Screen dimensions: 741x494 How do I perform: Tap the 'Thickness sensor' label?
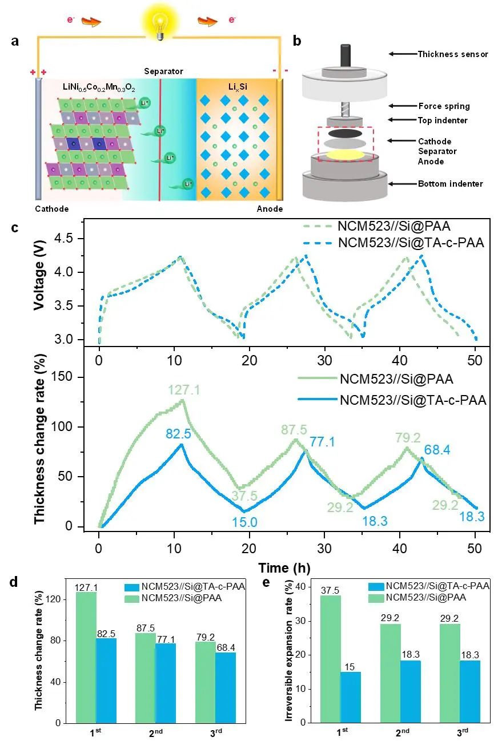453,54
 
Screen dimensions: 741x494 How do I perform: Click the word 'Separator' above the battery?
163,71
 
